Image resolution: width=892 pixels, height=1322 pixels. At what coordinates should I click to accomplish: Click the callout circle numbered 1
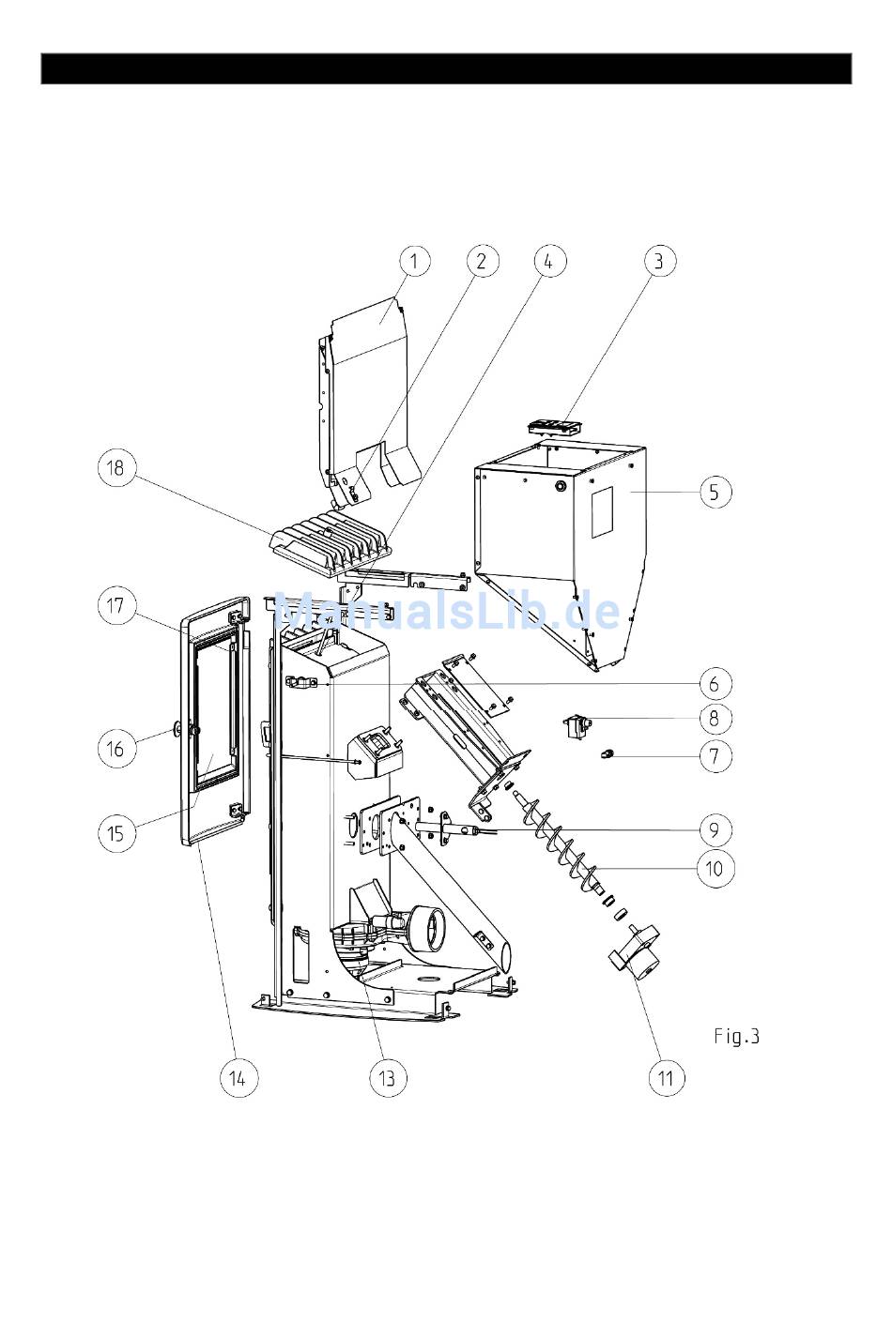click(x=414, y=261)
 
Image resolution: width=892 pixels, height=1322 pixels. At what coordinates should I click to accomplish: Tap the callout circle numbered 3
click(x=658, y=261)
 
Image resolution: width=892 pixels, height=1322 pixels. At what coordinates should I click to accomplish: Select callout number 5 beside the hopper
click(x=715, y=492)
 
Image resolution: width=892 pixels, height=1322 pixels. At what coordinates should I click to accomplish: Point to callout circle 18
click(x=116, y=468)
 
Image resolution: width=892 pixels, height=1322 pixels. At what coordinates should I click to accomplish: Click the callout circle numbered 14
click(x=238, y=1078)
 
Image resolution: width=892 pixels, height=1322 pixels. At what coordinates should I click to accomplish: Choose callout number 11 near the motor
click(x=667, y=1078)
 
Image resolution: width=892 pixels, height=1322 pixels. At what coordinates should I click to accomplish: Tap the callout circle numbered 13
click(x=388, y=1078)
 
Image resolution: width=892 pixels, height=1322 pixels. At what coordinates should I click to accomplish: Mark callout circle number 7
click(x=715, y=756)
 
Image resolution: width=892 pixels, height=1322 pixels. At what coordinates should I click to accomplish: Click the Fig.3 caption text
click(x=736, y=1036)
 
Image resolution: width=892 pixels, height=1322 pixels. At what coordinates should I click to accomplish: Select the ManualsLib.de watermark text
click(x=447, y=612)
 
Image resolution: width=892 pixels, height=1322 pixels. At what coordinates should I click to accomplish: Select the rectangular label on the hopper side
click(x=602, y=512)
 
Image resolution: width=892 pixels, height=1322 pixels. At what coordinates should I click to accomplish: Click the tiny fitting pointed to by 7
click(x=607, y=753)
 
